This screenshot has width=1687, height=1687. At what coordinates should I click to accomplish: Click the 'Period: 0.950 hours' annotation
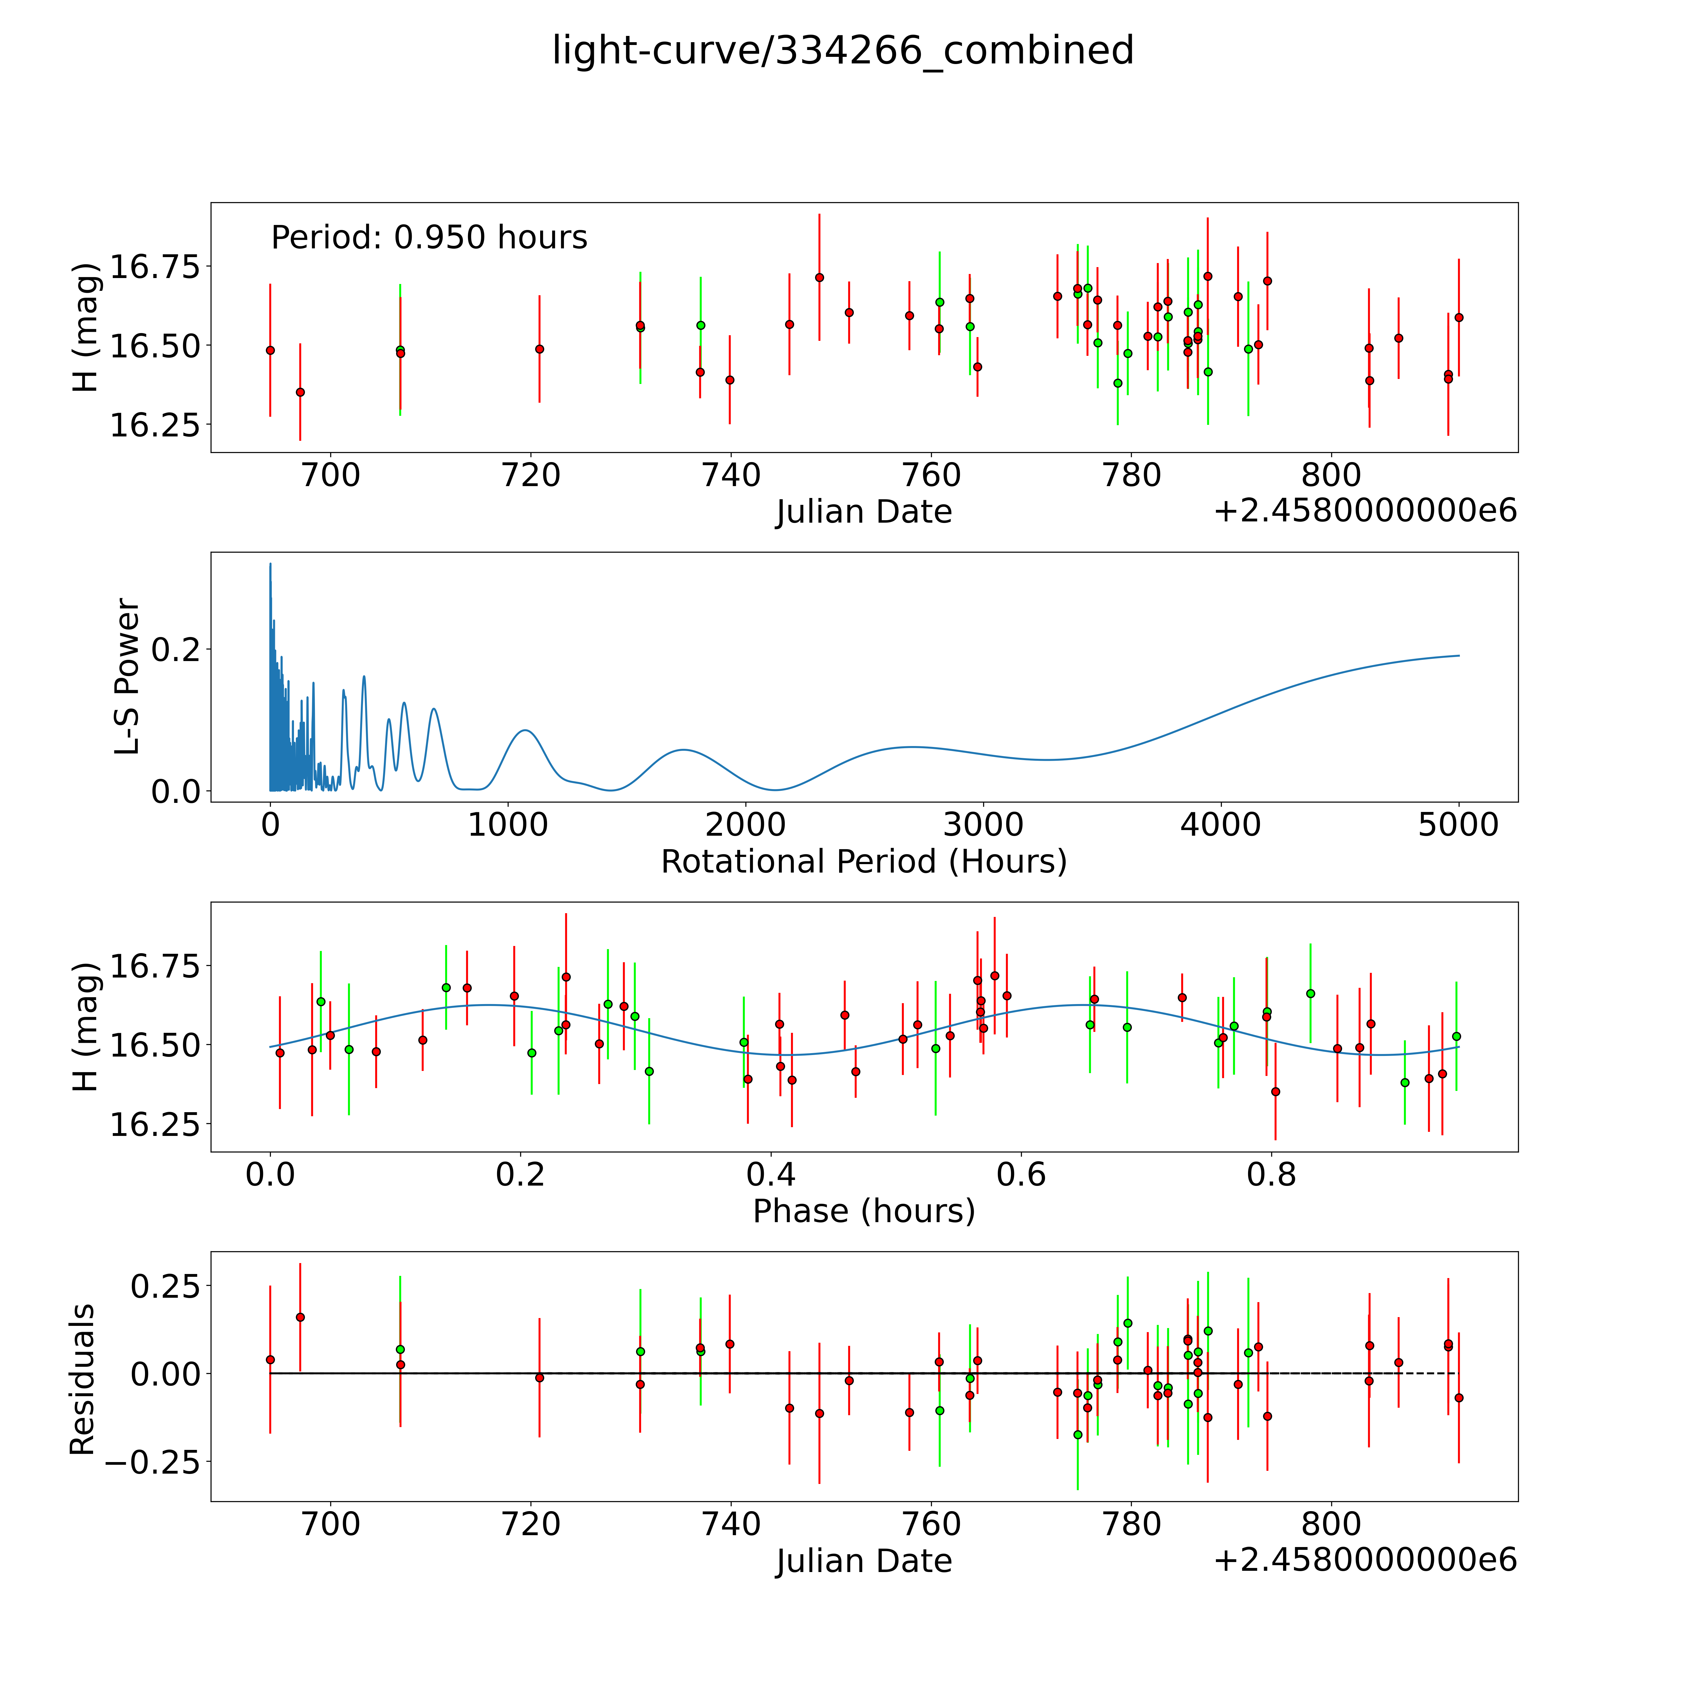[429, 237]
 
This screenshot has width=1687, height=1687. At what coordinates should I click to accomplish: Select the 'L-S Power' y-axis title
[127, 677]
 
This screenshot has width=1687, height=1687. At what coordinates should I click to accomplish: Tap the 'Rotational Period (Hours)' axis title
[863, 862]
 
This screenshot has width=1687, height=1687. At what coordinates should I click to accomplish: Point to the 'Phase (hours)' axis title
[863, 1211]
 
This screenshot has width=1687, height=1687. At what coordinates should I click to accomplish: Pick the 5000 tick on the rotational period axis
[1458, 824]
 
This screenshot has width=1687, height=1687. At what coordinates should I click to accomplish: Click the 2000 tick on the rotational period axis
[746, 824]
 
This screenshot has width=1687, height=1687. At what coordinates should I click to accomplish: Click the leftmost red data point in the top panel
[270, 350]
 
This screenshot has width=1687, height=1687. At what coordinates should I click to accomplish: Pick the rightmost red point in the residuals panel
[1458, 1398]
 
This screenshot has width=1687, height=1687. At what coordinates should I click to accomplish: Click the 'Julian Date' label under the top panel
[863, 512]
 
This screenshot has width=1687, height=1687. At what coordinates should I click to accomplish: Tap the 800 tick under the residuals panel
[1331, 1524]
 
